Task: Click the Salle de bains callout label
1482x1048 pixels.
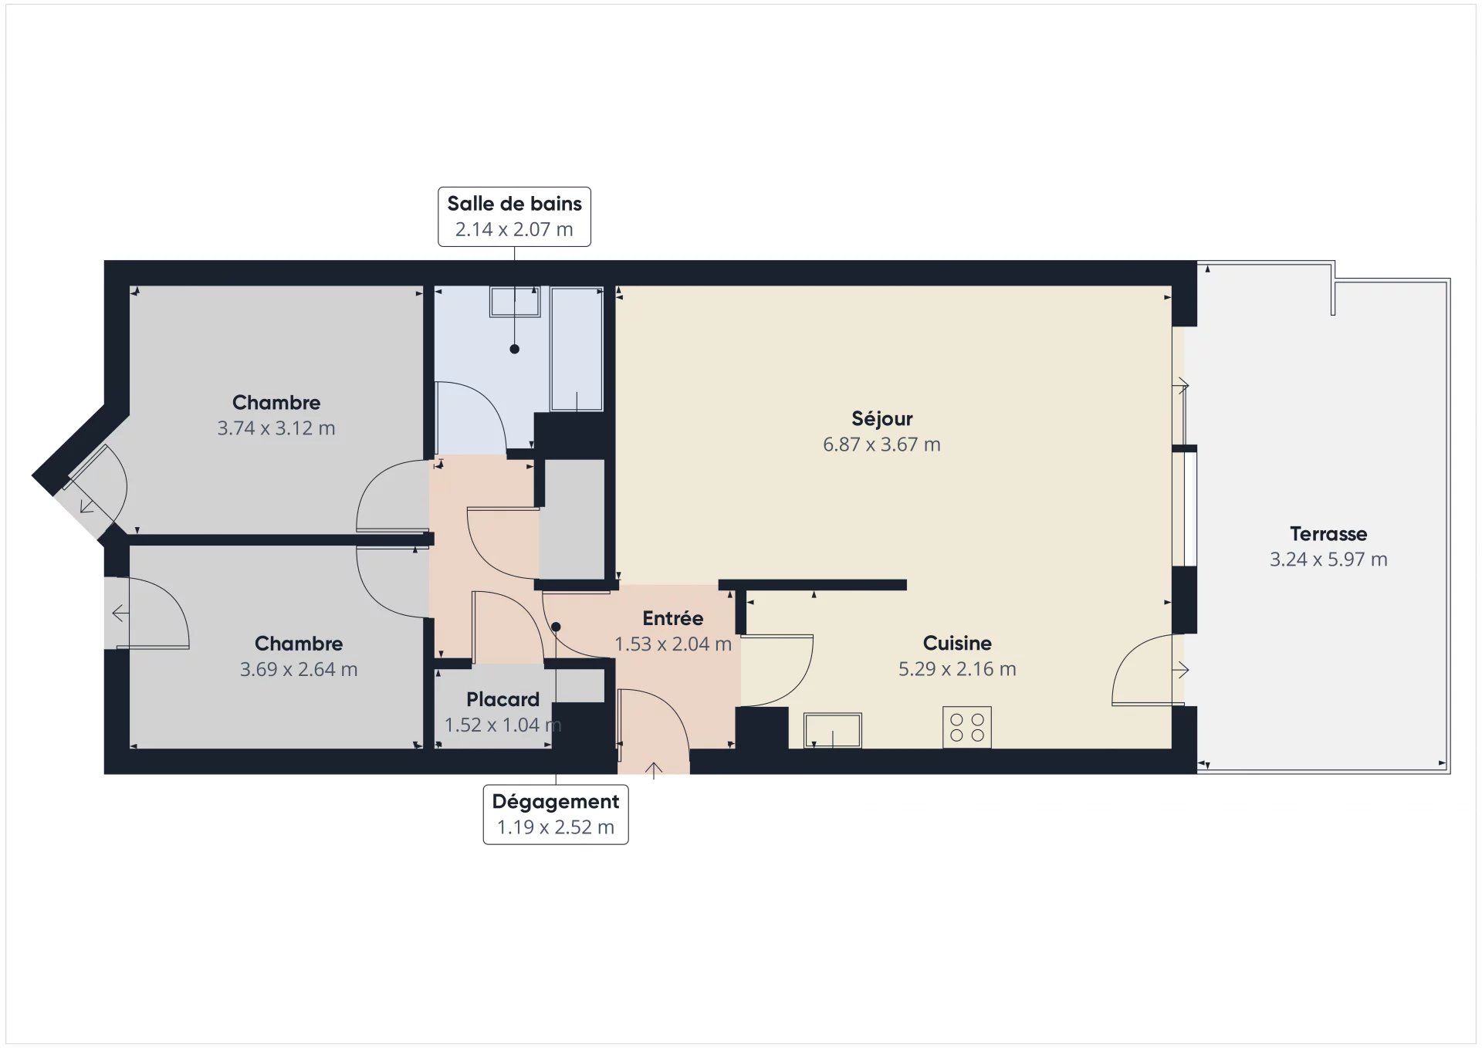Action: (x=514, y=217)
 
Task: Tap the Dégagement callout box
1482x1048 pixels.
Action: (x=556, y=814)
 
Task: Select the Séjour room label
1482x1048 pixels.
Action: (x=882, y=419)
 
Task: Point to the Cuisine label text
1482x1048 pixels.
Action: (x=957, y=643)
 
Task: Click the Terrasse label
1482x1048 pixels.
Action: (x=1328, y=533)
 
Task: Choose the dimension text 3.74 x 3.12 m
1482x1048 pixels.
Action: (x=276, y=428)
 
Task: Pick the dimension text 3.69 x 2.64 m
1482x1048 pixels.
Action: (x=299, y=669)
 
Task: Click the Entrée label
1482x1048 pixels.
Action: (x=673, y=618)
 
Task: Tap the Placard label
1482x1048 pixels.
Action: (x=502, y=699)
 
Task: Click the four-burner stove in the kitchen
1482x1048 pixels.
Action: (x=967, y=727)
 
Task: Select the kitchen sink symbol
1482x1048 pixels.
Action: (x=833, y=730)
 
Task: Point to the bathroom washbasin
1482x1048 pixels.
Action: (x=515, y=301)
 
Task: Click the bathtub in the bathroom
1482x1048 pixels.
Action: (x=577, y=349)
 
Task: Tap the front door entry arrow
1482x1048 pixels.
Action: (x=654, y=770)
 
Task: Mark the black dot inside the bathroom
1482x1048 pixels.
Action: (x=515, y=349)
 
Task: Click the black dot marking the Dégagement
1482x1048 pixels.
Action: (x=556, y=627)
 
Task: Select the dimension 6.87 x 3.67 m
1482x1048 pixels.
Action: (x=882, y=445)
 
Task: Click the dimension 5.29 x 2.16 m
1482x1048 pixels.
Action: (x=957, y=669)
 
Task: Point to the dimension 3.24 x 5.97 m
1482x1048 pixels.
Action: (x=1328, y=559)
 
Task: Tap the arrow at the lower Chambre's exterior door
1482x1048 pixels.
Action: (x=120, y=614)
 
